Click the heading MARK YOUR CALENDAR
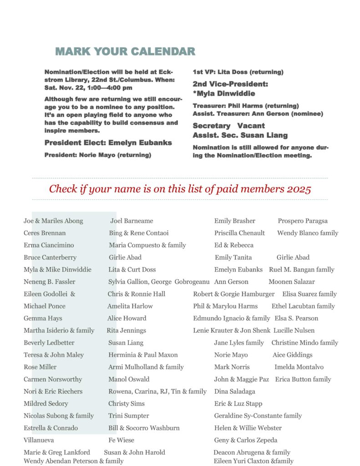coord(125,51)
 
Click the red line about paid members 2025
coord(180,189)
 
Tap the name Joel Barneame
coord(132,221)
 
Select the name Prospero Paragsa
coord(303,221)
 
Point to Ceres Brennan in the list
coord(45,233)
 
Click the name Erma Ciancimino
coord(48,245)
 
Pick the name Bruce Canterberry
coord(50,257)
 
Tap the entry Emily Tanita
coord(233,257)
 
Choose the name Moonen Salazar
coord(291,282)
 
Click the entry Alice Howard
coord(127,318)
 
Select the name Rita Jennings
coord(126,330)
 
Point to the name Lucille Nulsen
coord(294,330)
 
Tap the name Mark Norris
coord(232,367)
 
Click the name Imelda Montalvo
coord(299,367)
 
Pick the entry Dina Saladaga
coord(234,391)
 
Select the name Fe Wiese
coord(121,440)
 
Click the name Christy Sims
coord(126,404)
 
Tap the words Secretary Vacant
coord(228,126)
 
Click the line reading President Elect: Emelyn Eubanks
coord(108,143)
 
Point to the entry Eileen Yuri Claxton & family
coord(253,461)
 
